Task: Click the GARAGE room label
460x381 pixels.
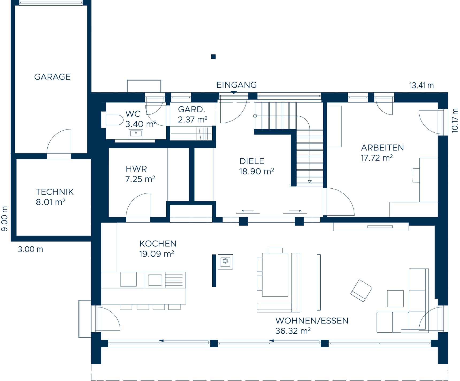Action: tap(52, 77)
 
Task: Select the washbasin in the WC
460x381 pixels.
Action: tap(136, 134)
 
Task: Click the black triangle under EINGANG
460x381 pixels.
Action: tap(234, 92)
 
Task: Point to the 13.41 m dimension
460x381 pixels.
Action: tap(421, 86)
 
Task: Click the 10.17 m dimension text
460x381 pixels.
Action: tap(454, 120)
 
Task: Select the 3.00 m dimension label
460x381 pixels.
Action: tap(30, 249)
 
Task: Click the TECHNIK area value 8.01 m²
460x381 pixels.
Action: tap(51, 202)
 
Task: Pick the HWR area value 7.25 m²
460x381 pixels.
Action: tap(140, 179)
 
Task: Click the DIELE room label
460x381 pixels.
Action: tap(252, 161)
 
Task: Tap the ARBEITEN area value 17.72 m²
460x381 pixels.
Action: tap(377, 158)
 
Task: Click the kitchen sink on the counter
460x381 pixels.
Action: tap(155, 280)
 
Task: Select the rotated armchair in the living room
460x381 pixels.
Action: tap(361, 291)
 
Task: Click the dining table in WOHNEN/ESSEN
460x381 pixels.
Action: tap(275, 275)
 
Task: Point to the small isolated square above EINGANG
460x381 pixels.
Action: tap(213, 56)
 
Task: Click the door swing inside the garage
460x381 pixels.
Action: tap(56, 139)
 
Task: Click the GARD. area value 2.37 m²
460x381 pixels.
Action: tap(193, 120)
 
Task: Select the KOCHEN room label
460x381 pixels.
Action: tap(158, 244)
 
